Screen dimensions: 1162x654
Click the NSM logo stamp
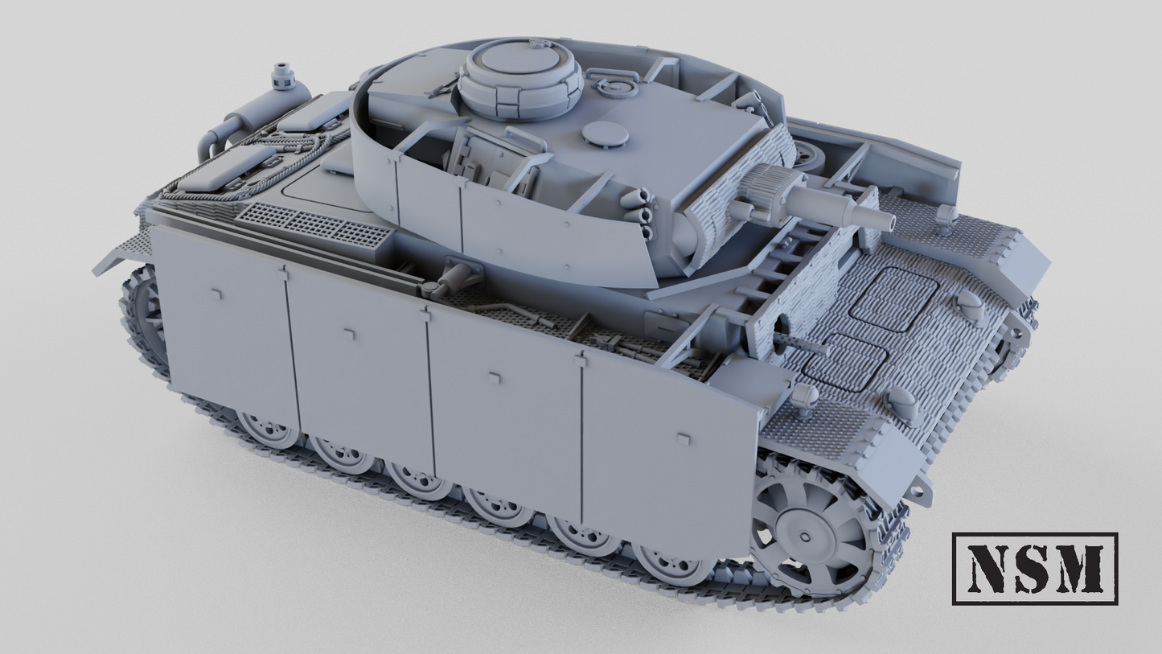tap(1035, 569)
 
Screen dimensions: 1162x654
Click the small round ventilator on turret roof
tap(605, 134)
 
